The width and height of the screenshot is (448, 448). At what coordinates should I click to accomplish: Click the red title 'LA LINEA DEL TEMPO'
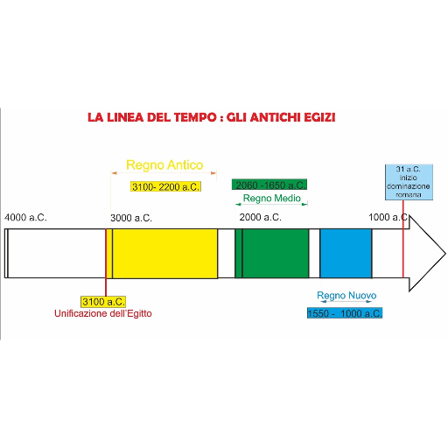click(152, 117)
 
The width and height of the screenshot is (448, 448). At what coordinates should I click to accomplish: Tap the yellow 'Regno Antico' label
click(164, 165)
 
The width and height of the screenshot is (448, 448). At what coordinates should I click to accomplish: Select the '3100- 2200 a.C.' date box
click(165, 186)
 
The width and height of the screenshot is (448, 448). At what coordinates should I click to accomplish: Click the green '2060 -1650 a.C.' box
click(269, 185)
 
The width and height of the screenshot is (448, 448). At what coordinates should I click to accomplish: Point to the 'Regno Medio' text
click(272, 199)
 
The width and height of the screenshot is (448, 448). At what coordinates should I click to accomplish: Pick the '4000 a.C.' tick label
click(25, 218)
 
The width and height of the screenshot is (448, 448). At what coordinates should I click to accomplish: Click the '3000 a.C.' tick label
click(131, 218)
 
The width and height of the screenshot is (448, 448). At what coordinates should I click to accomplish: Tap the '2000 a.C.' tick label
click(261, 217)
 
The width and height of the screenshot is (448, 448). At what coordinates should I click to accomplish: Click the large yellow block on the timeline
click(164, 254)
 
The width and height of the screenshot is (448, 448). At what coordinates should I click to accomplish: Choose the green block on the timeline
click(272, 254)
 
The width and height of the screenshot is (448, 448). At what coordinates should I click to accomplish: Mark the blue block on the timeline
click(346, 254)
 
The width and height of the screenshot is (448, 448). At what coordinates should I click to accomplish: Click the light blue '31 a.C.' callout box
click(409, 182)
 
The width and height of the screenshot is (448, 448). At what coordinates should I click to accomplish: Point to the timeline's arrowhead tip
click(445, 254)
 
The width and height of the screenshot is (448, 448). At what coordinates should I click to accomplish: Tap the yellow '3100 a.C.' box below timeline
click(103, 302)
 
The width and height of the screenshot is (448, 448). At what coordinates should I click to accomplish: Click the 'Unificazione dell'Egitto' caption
click(103, 313)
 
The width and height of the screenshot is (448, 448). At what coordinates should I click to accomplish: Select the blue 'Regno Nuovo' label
click(346, 296)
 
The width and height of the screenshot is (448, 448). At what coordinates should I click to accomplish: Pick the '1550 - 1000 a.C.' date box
click(345, 313)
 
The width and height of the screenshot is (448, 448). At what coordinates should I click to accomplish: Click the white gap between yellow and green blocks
click(227, 254)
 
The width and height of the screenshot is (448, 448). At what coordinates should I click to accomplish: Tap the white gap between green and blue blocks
click(314, 254)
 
